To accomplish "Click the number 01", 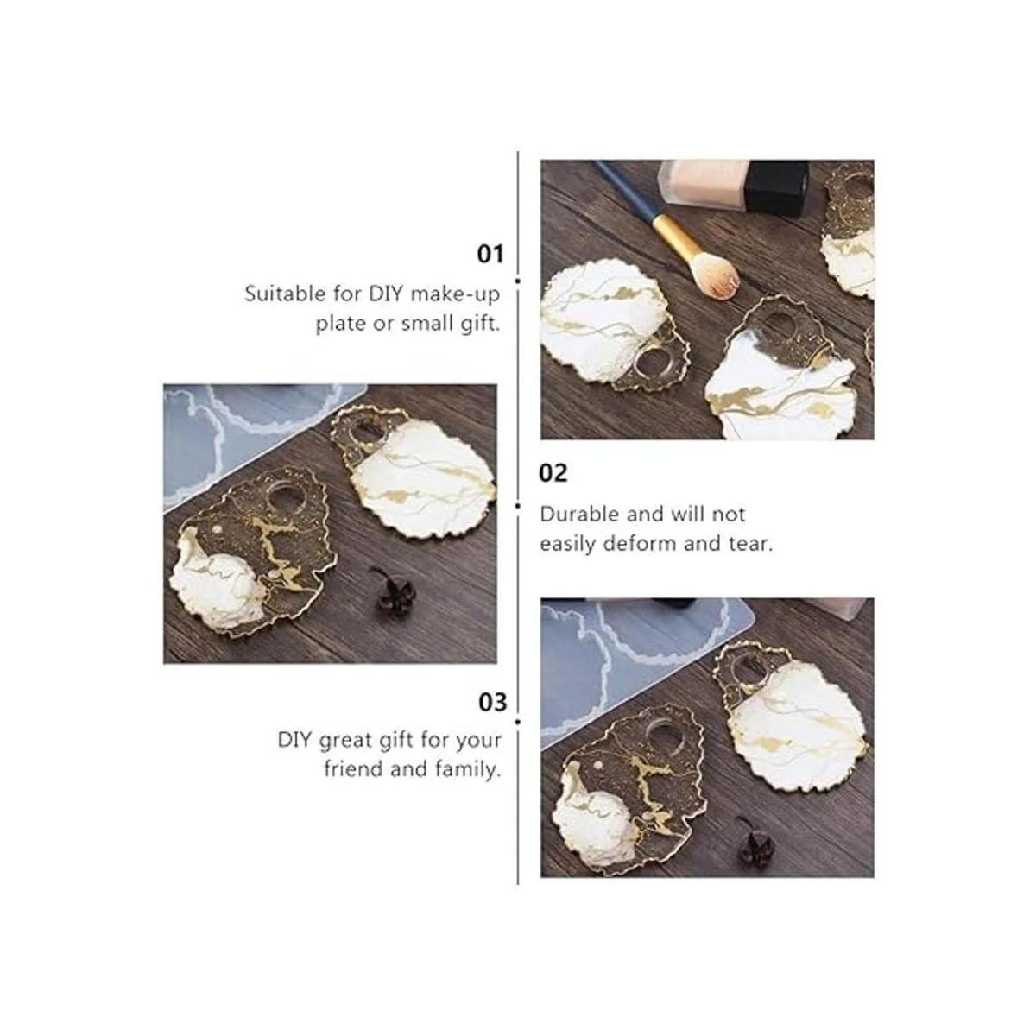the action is pos(490,254).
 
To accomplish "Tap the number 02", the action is pos(553,474).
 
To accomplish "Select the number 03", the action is pos(492,702).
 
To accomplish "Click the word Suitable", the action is pos(284,294).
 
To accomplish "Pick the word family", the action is pos(468,771).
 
